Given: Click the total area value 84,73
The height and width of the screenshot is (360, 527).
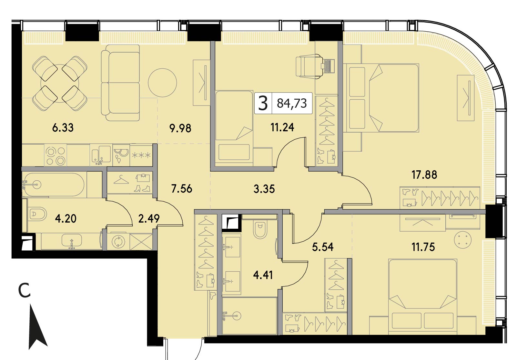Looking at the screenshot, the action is click(292, 104).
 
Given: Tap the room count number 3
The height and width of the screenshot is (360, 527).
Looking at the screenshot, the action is click(263, 104).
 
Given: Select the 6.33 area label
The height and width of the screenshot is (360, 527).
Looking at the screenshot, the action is click(63, 128).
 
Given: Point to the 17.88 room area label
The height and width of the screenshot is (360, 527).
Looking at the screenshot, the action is click(424, 175).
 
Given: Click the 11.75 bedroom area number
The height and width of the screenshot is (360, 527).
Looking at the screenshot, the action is click(423, 247).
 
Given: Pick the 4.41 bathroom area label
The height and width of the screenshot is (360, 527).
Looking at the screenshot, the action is click(263, 275).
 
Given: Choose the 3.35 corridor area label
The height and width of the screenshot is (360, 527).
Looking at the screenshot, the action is click(264, 189).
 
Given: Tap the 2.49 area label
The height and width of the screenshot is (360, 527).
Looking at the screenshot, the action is click(149, 218).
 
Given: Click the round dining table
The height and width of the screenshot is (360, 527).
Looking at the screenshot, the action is click(59, 84).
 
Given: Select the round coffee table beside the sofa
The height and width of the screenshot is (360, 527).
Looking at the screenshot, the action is click(162, 83).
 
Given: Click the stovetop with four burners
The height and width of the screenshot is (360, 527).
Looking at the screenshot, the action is click(56, 155).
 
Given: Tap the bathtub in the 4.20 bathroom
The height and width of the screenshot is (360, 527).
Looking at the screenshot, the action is click(54, 185).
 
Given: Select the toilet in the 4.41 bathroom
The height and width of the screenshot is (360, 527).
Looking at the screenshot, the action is click(260, 229).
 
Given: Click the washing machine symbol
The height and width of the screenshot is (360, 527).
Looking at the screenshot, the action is click(118, 242).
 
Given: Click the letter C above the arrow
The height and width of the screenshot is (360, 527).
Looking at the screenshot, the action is click(25, 291).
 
